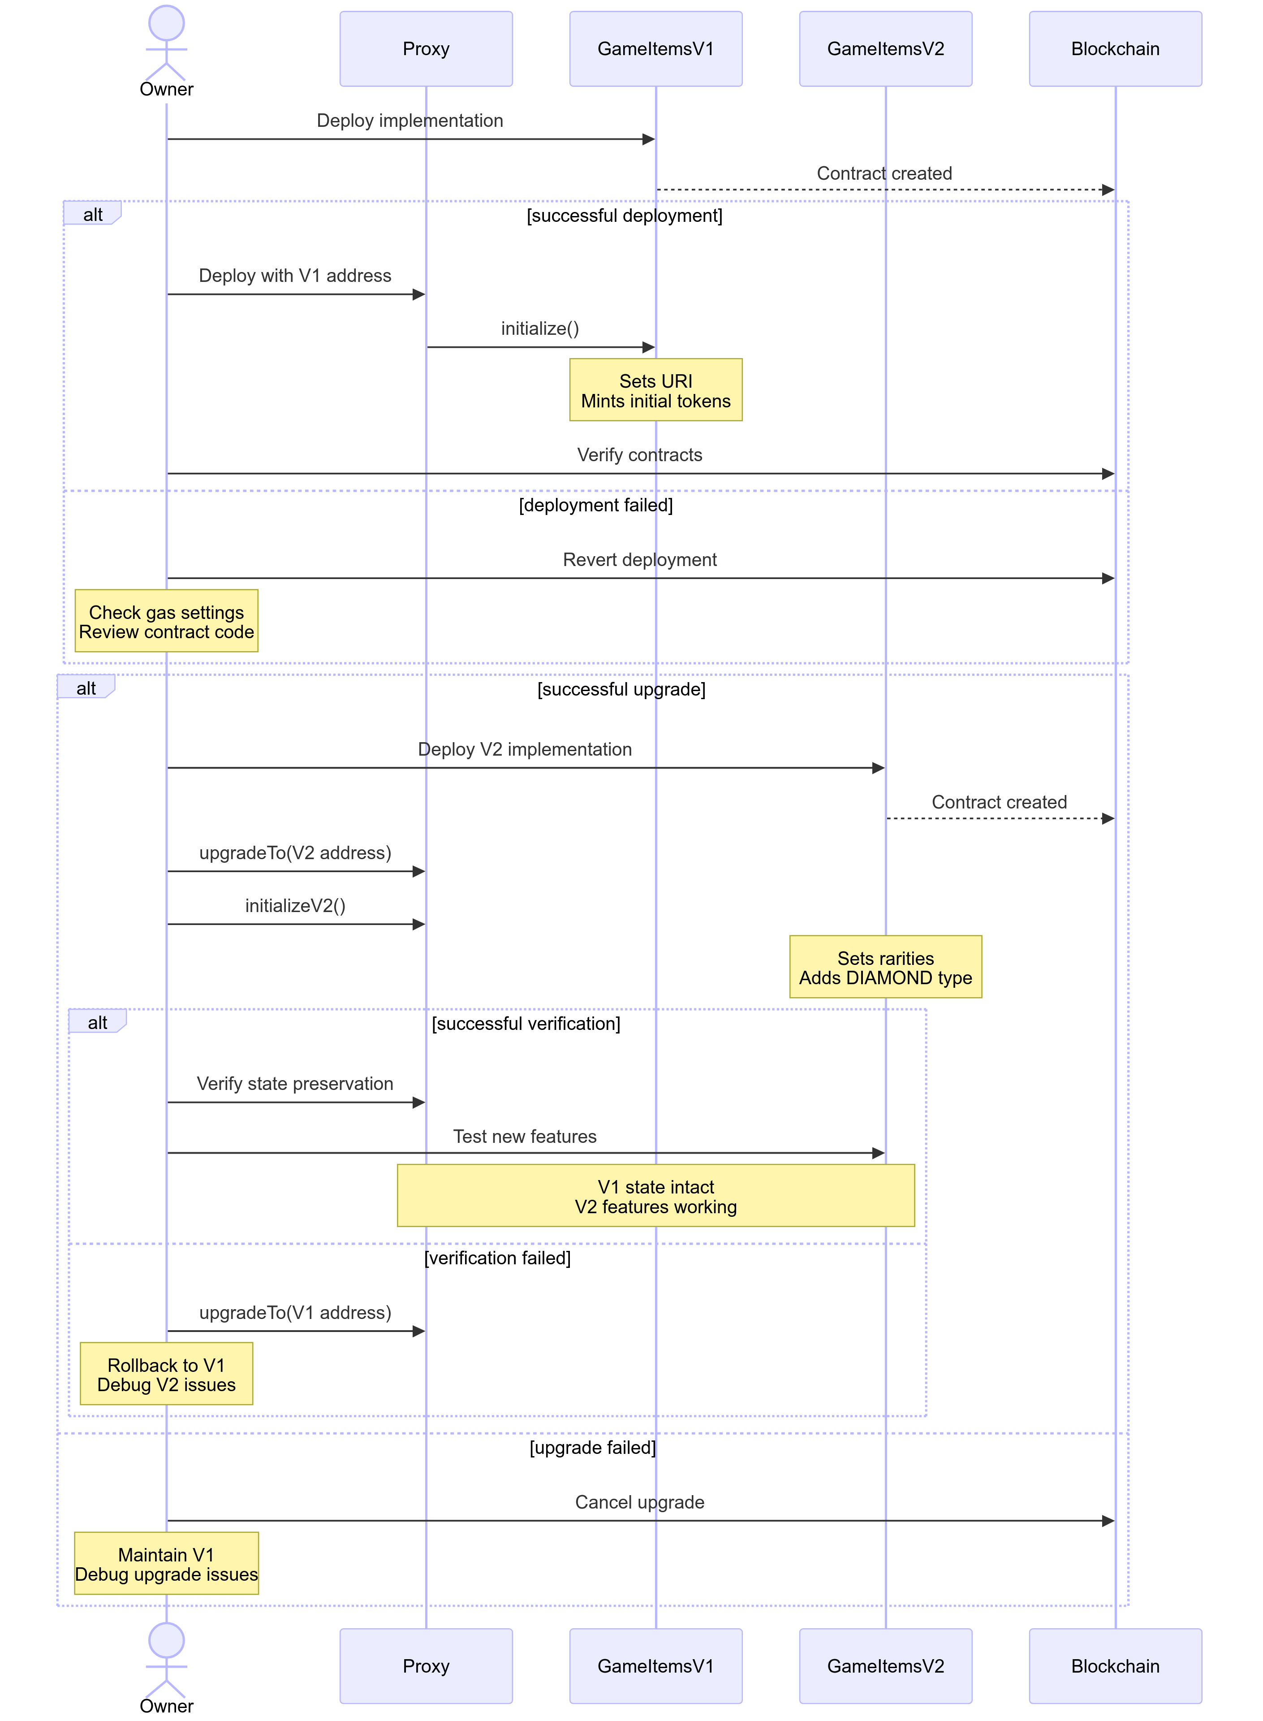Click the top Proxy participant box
426,49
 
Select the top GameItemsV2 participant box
885,49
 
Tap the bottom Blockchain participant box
1116,1666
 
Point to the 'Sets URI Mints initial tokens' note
656,390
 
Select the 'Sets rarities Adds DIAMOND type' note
885,967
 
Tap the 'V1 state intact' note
656,1196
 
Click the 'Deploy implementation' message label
410,121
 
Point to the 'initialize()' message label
540,329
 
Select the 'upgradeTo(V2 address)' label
295,853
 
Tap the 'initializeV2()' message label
295,906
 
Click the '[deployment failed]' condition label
595,506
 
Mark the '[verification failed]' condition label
498,1258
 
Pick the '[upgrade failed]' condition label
592,1448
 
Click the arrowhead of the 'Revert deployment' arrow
1108,579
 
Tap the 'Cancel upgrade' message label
640,1502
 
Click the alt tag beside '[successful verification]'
97,1022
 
